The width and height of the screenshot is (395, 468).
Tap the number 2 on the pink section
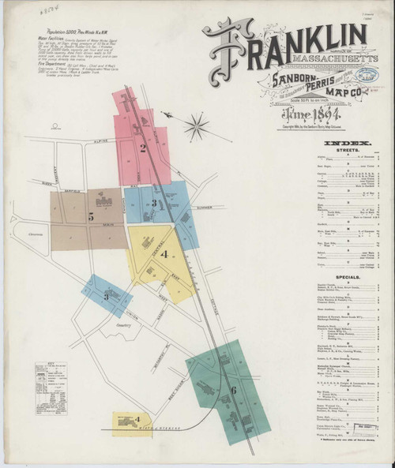pos(143,147)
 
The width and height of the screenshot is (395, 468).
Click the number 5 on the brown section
pos(92,215)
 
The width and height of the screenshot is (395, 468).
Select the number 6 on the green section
pos(234,389)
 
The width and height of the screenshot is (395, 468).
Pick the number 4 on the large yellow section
pos(163,254)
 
